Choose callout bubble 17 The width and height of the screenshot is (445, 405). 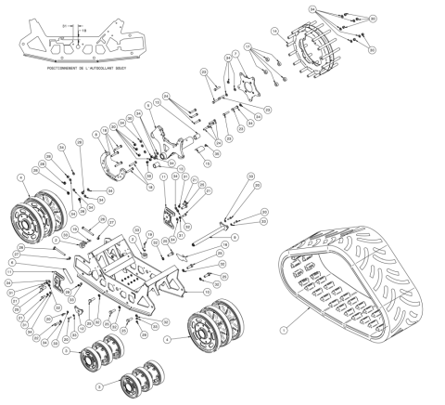coord(248,46)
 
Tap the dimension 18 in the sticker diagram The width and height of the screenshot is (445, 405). coord(83,30)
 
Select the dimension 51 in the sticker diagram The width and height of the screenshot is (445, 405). coord(63,19)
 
